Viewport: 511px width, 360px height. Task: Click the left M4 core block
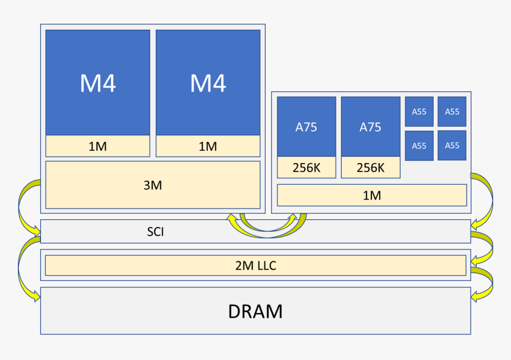click(97, 83)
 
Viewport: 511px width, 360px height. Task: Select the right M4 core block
click(208, 83)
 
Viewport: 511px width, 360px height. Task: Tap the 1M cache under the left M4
click(97, 146)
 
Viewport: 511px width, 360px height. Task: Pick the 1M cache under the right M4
click(208, 146)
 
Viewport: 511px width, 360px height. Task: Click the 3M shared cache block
click(153, 185)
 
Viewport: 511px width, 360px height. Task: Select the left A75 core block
click(306, 127)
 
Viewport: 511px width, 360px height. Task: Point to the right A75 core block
click(370, 127)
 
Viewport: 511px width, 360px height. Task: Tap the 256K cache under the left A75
click(306, 168)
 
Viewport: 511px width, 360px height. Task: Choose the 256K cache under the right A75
click(370, 168)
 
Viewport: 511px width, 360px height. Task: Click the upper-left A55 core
click(419, 112)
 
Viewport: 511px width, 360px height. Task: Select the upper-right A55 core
click(452, 112)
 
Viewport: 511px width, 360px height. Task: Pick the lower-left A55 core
click(419, 146)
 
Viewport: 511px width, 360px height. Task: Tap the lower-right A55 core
click(452, 146)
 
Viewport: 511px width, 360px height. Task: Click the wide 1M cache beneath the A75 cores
click(372, 195)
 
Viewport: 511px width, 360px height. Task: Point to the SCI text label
click(156, 232)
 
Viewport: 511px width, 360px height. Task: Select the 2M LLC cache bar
click(255, 266)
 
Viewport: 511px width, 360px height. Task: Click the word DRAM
click(255, 311)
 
